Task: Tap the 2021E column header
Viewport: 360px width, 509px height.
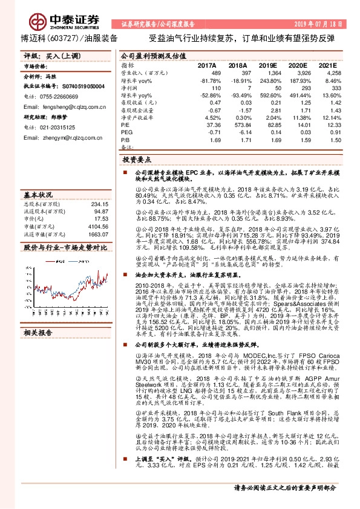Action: point(327,65)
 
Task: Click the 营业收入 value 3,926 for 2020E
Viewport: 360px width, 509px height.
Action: point(296,72)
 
